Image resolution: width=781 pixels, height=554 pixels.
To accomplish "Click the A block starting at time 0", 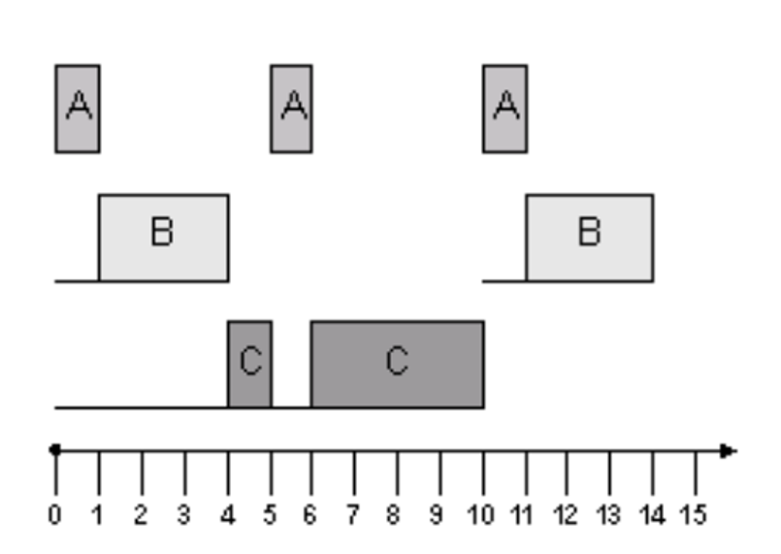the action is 78,109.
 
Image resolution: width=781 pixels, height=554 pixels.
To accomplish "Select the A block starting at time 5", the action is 291,109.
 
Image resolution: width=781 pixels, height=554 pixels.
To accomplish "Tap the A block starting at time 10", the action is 505,109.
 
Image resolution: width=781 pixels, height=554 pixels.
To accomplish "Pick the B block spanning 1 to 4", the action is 164,238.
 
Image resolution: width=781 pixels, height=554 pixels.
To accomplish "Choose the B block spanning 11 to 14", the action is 590,238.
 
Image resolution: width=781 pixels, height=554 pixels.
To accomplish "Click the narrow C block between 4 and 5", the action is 250,365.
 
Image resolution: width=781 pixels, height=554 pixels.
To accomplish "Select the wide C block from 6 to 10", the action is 398,365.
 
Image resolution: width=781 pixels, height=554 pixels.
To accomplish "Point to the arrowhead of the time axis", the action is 729,451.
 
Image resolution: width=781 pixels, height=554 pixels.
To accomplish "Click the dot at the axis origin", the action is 55,450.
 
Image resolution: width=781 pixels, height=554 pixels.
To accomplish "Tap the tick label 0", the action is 54,514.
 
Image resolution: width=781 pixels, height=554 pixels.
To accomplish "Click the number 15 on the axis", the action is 693,514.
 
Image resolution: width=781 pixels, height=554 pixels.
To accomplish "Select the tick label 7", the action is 352,514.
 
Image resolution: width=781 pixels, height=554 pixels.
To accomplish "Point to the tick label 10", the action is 480,514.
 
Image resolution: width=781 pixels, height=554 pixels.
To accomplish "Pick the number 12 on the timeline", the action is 566,514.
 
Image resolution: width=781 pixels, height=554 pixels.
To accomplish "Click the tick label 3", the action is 183,514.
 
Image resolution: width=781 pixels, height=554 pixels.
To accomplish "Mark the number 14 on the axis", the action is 652,514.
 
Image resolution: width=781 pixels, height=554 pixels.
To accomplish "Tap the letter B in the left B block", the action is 162,232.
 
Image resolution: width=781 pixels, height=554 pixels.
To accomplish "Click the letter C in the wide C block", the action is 397,360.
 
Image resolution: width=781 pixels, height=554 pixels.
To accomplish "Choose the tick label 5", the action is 270,514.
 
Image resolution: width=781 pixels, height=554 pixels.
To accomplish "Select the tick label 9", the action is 436,514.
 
